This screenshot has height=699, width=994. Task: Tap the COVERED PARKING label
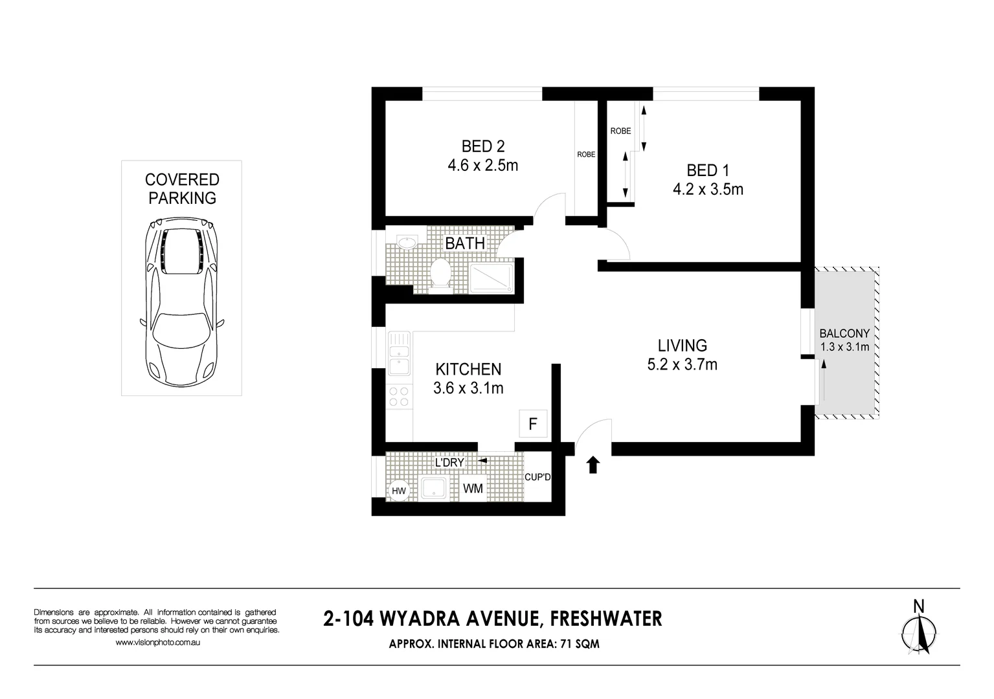(182, 189)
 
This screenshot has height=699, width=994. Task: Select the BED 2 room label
(482, 146)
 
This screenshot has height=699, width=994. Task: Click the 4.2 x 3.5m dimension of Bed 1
(708, 190)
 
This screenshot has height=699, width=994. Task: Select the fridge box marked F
(533, 425)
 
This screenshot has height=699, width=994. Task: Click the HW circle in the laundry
(399, 491)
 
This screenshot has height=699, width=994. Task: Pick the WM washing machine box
(473, 489)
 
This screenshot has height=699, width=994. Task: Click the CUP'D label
(537, 478)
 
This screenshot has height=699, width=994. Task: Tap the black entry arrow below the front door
(593, 465)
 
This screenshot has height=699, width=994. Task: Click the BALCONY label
(844, 334)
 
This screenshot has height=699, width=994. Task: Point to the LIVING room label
(682, 346)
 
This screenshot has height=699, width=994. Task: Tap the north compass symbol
(918, 630)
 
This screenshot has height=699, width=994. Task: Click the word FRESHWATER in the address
(605, 619)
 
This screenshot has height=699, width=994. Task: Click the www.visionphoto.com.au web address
(157, 643)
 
